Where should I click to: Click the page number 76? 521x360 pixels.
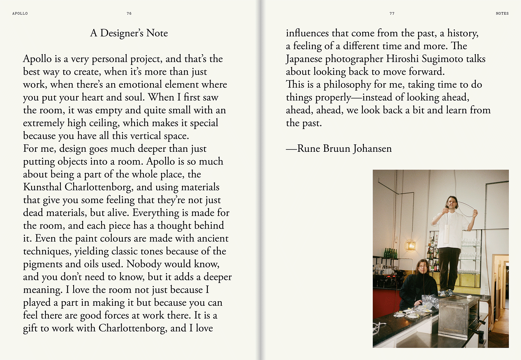click(129, 13)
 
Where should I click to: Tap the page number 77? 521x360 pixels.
click(392, 13)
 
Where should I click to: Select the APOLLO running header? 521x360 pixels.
click(20, 13)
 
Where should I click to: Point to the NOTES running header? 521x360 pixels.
click(502, 13)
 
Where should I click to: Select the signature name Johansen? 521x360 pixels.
click(372, 148)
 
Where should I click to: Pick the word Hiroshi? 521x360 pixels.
click(402, 59)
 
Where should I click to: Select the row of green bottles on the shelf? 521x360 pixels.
click(391, 253)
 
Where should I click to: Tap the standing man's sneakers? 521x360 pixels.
click(448, 293)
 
